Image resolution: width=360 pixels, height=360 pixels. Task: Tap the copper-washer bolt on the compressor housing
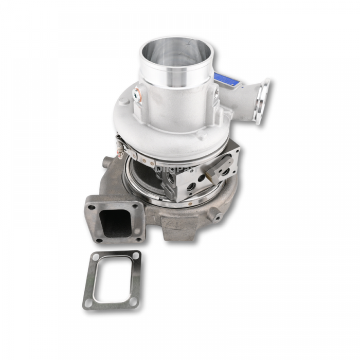tap(138, 94)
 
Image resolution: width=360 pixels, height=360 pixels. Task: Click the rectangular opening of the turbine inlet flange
tap(114, 222)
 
